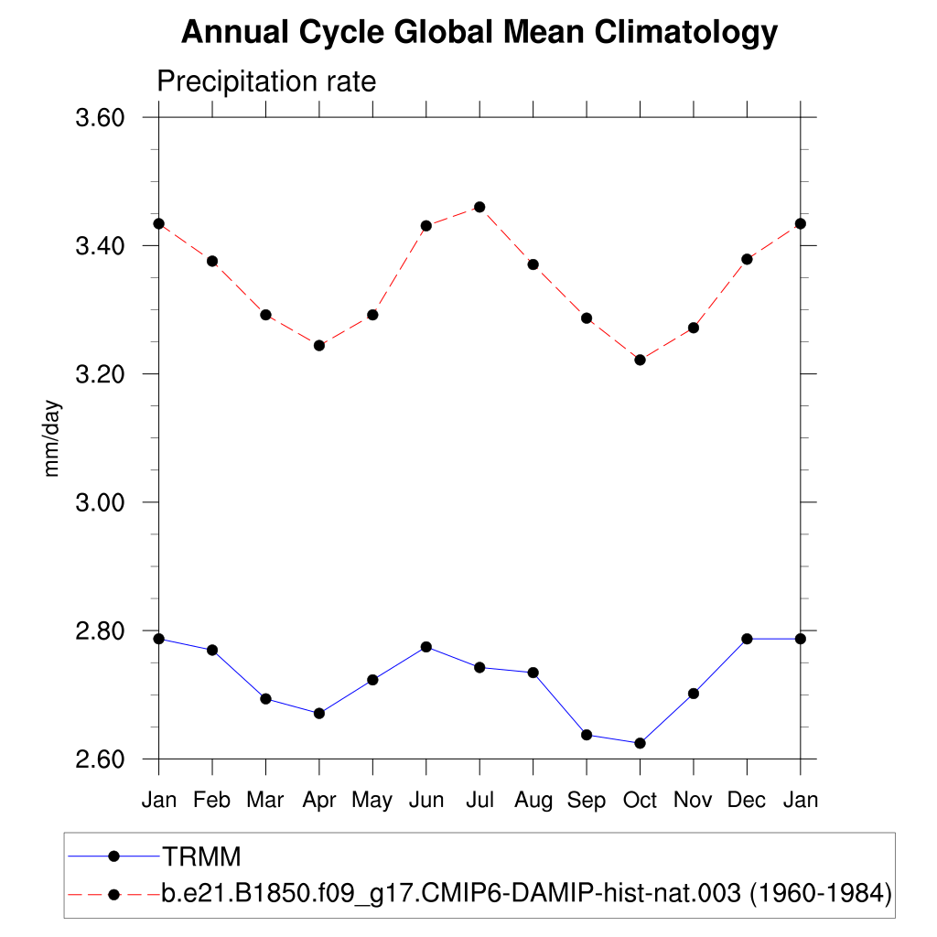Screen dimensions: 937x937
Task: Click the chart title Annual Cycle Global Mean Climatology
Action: point(479,33)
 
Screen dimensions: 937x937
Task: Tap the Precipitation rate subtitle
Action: point(266,81)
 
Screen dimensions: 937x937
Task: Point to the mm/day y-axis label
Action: point(53,438)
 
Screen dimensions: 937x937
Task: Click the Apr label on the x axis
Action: point(319,800)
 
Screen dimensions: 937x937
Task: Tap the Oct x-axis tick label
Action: point(640,800)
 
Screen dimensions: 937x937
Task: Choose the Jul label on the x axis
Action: point(479,800)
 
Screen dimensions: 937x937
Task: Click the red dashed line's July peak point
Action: point(479,207)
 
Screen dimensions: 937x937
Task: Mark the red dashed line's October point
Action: point(640,360)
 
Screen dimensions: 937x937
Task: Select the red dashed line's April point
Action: point(319,345)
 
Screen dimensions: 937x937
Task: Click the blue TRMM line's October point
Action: point(640,743)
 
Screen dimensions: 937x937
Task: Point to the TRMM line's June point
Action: point(425,647)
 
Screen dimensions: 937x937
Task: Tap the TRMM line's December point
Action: point(747,639)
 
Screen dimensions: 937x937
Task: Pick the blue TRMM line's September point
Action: point(587,735)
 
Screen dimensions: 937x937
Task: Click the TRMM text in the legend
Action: point(201,857)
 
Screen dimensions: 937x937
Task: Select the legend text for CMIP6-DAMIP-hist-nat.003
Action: point(526,892)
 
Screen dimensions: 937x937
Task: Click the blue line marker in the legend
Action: point(114,856)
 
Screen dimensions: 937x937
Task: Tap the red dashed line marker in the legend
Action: point(114,892)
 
